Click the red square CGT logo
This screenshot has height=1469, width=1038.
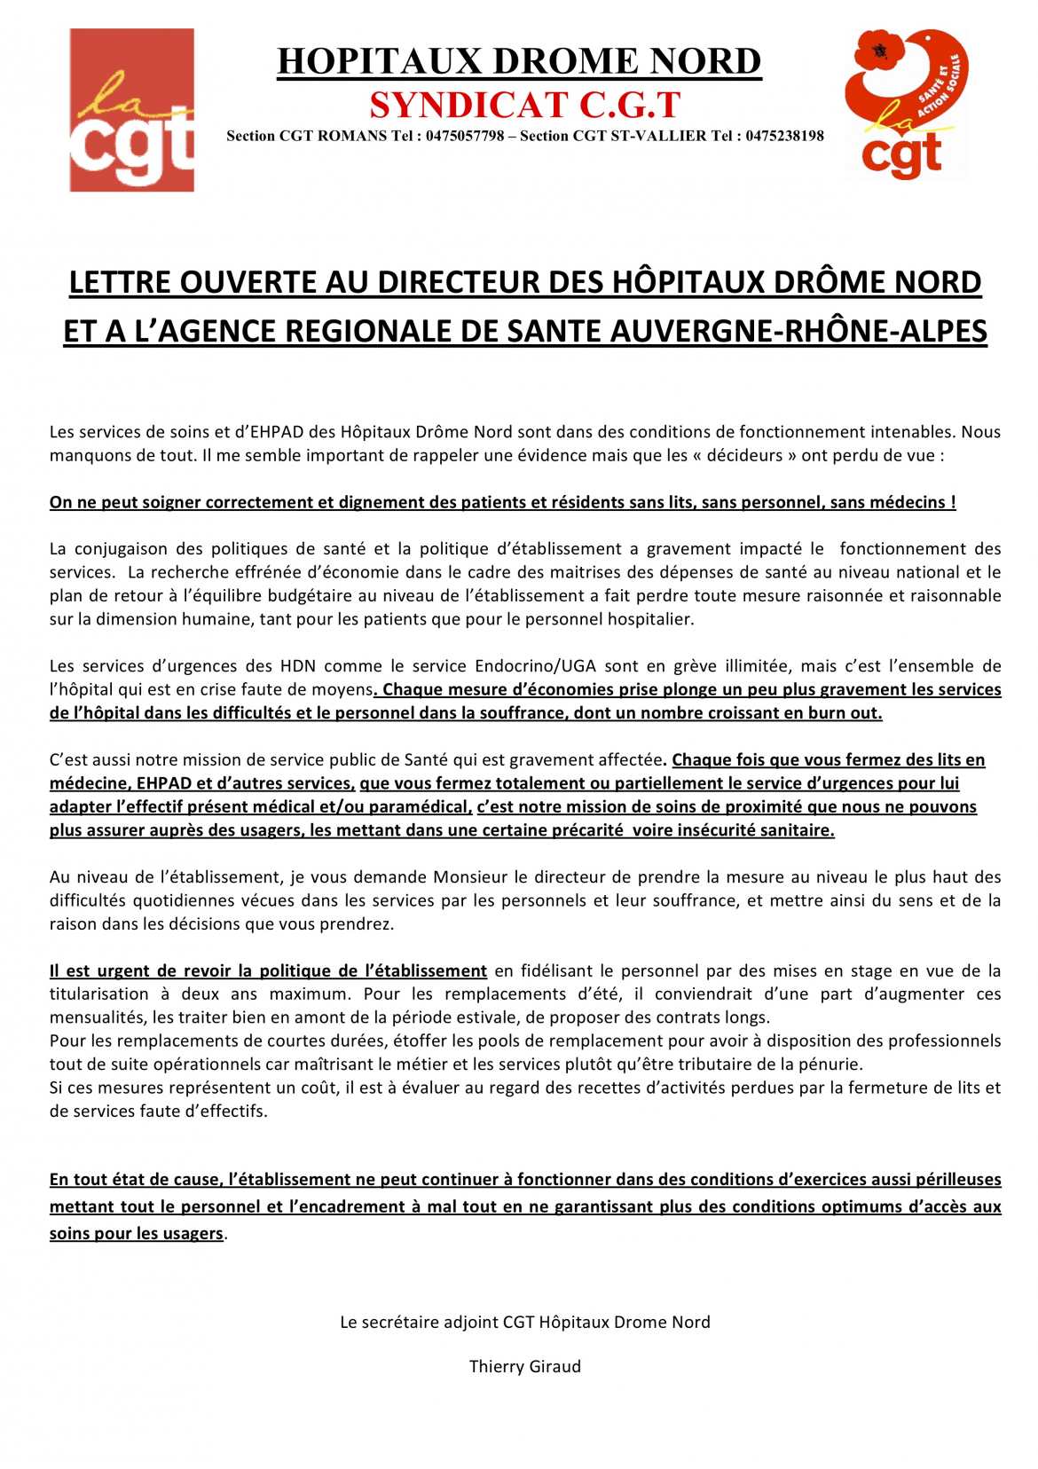(x=131, y=110)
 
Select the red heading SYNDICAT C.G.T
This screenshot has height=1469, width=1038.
(x=524, y=105)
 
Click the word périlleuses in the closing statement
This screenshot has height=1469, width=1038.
(x=955, y=1180)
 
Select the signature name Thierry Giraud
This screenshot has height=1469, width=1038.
(x=524, y=1367)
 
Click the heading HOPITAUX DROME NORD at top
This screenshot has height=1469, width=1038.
(x=519, y=61)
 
